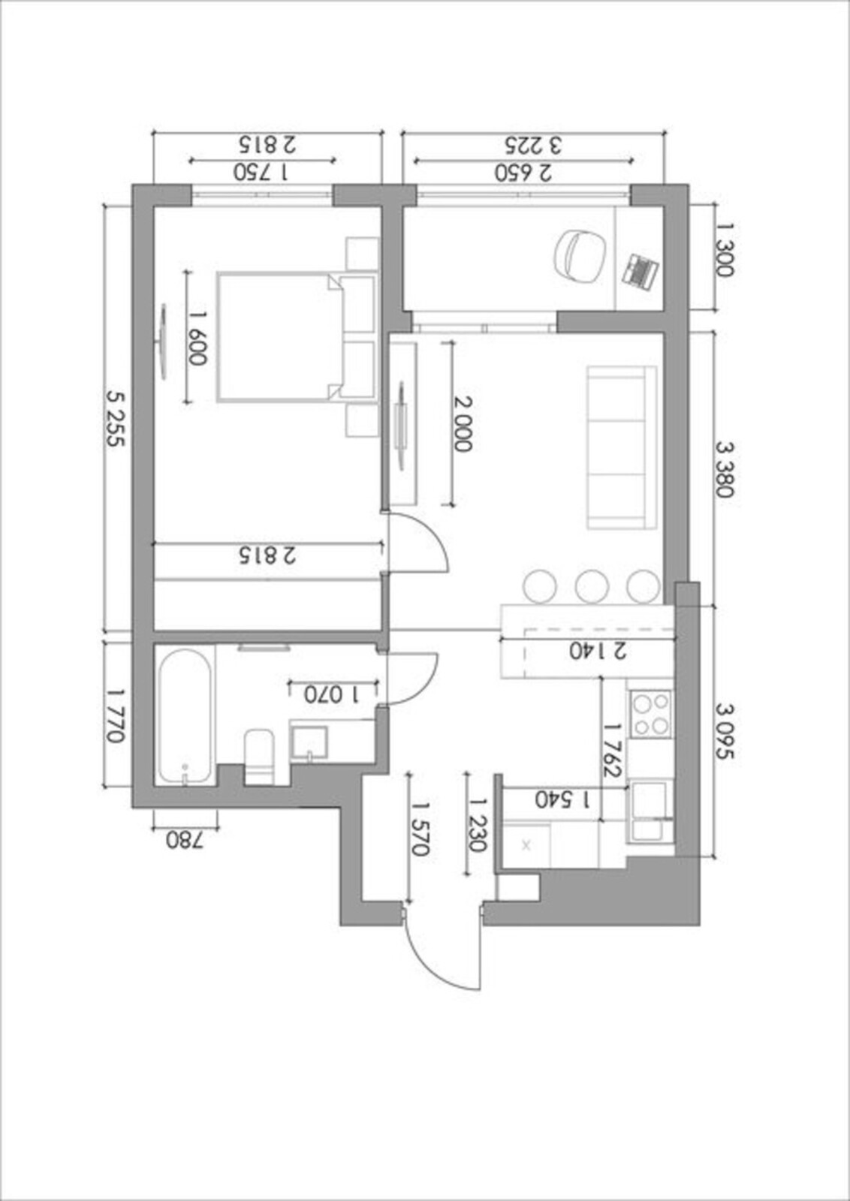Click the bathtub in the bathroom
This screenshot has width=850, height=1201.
click(184, 716)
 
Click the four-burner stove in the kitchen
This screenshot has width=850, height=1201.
click(651, 714)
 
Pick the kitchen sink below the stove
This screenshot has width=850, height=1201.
click(650, 811)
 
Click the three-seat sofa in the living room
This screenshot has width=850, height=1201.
click(622, 447)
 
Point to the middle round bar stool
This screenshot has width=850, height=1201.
click(591, 586)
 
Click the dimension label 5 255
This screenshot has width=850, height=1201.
click(116, 418)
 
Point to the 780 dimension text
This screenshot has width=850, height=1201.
click(185, 840)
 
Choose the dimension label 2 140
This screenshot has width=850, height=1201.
click(598, 650)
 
